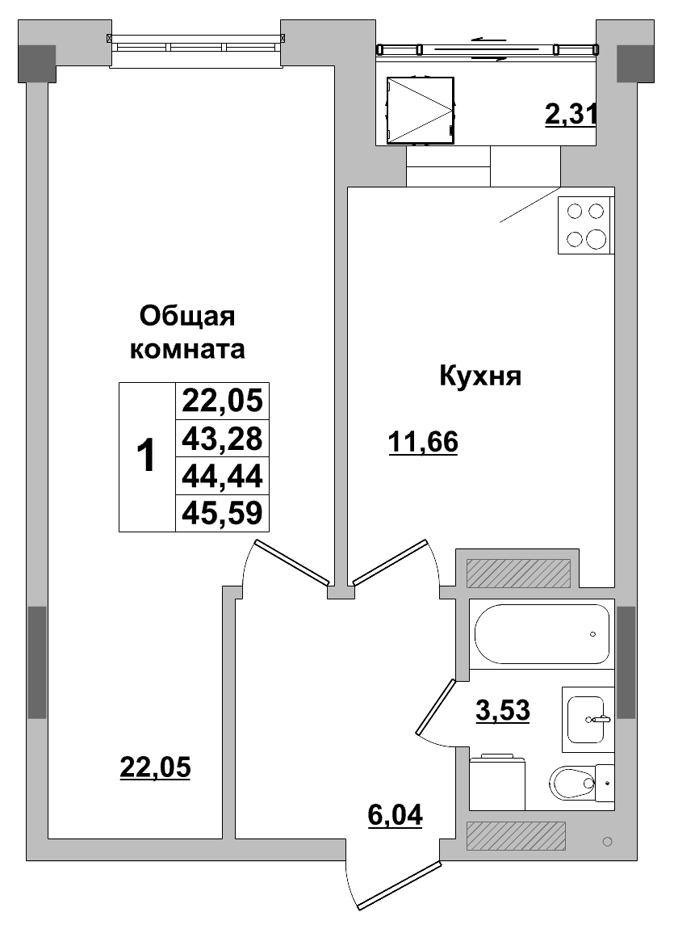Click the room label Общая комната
(187, 332)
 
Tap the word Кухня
(480, 376)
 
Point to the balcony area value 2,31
(571, 115)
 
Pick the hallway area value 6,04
(396, 816)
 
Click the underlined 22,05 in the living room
(155, 767)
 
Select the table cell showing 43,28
(222, 439)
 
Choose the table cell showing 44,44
(222, 476)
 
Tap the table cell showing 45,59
(222, 513)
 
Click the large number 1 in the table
(146, 456)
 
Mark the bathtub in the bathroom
(542, 634)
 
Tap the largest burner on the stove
(596, 239)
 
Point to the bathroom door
(437, 707)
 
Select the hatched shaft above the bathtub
(517, 573)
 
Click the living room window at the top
(198, 47)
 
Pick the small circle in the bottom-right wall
(608, 843)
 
